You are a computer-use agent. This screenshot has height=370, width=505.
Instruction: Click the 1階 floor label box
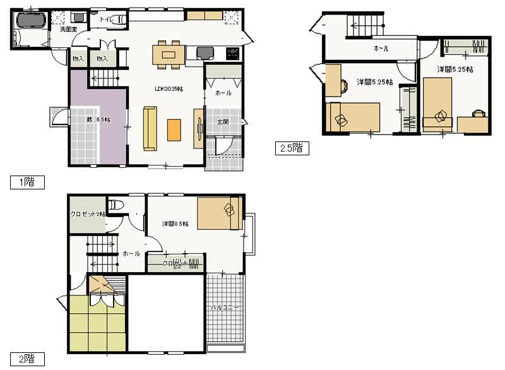click(x=26, y=182)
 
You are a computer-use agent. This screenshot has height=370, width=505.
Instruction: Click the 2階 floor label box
click(x=26, y=360)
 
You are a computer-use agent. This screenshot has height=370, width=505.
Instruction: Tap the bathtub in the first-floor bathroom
click(x=27, y=20)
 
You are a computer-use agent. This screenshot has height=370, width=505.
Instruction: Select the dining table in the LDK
click(x=168, y=54)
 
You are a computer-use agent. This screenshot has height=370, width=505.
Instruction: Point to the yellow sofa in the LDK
click(x=150, y=129)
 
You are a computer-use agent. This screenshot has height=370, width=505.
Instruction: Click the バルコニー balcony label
click(x=225, y=307)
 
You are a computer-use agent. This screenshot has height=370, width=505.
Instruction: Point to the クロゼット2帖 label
click(x=88, y=214)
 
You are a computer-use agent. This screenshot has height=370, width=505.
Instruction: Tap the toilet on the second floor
click(x=115, y=206)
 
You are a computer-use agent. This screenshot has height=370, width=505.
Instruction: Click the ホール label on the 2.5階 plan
click(x=381, y=49)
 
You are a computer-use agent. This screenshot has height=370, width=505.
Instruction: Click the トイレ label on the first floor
click(x=107, y=20)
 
